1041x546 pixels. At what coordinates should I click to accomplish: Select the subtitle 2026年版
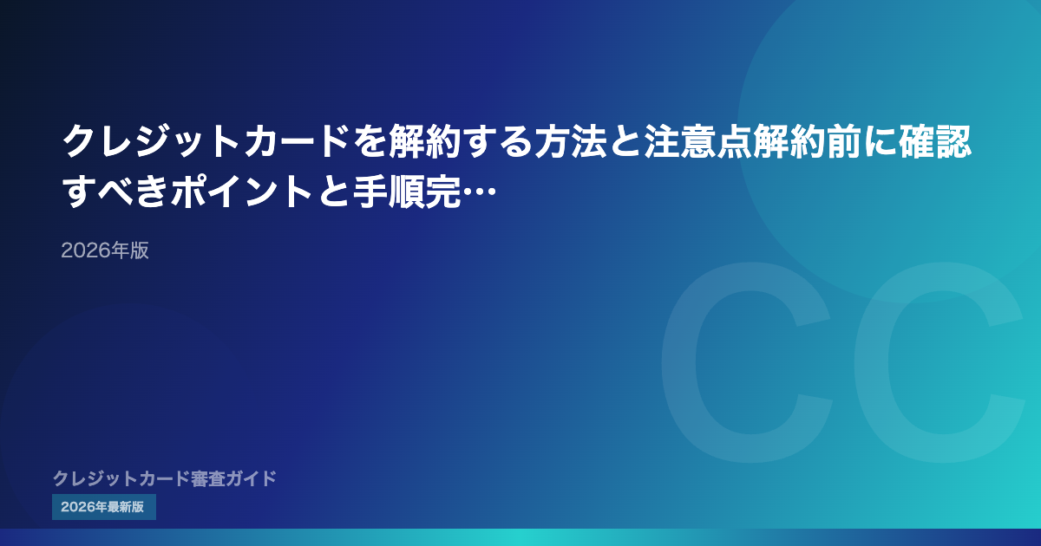[105, 250]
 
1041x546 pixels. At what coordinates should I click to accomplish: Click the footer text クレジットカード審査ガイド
[165, 478]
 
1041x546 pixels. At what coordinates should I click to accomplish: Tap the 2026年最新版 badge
[103, 507]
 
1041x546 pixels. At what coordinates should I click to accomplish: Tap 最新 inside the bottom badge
[120, 507]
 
